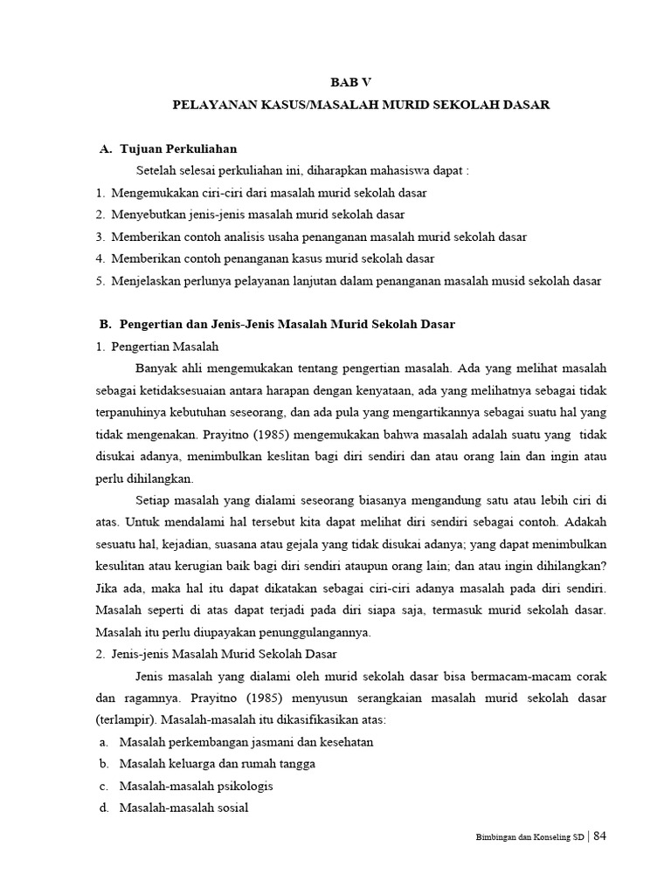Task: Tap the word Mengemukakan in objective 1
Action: [152, 192]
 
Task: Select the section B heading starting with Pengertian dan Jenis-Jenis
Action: [287, 324]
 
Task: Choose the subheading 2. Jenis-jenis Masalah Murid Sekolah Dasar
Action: [217, 653]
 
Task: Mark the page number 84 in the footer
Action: [599, 836]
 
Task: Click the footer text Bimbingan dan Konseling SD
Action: [529, 837]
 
